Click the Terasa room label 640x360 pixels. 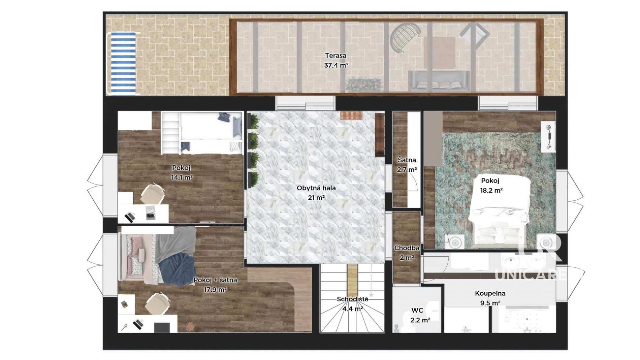click(x=335, y=56)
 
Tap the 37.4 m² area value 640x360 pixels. click(x=336, y=65)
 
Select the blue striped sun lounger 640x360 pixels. click(x=123, y=64)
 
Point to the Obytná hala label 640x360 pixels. click(x=316, y=188)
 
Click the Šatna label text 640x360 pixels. click(x=407, y=160)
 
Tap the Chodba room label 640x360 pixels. click(x=407, y=248)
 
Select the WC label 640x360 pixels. click(x=417, y=310)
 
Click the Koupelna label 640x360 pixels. click(x=490, y=293)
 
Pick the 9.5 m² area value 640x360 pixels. click(x=490, y=303)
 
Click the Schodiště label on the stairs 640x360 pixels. click(x=352, y=299)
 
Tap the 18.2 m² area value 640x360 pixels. click(x=491, y=190)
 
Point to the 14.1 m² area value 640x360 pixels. click(x=182, y=177)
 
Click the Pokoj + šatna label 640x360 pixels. click(x=215, y=280)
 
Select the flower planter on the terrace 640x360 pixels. click(x=364, y=85)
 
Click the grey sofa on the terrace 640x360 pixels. click(x=439, y=81)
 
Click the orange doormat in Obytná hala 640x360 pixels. click(x=351, y=116)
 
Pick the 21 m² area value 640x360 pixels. click(x=316, y=198)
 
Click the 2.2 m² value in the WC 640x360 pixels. click(x=420, y=320)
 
